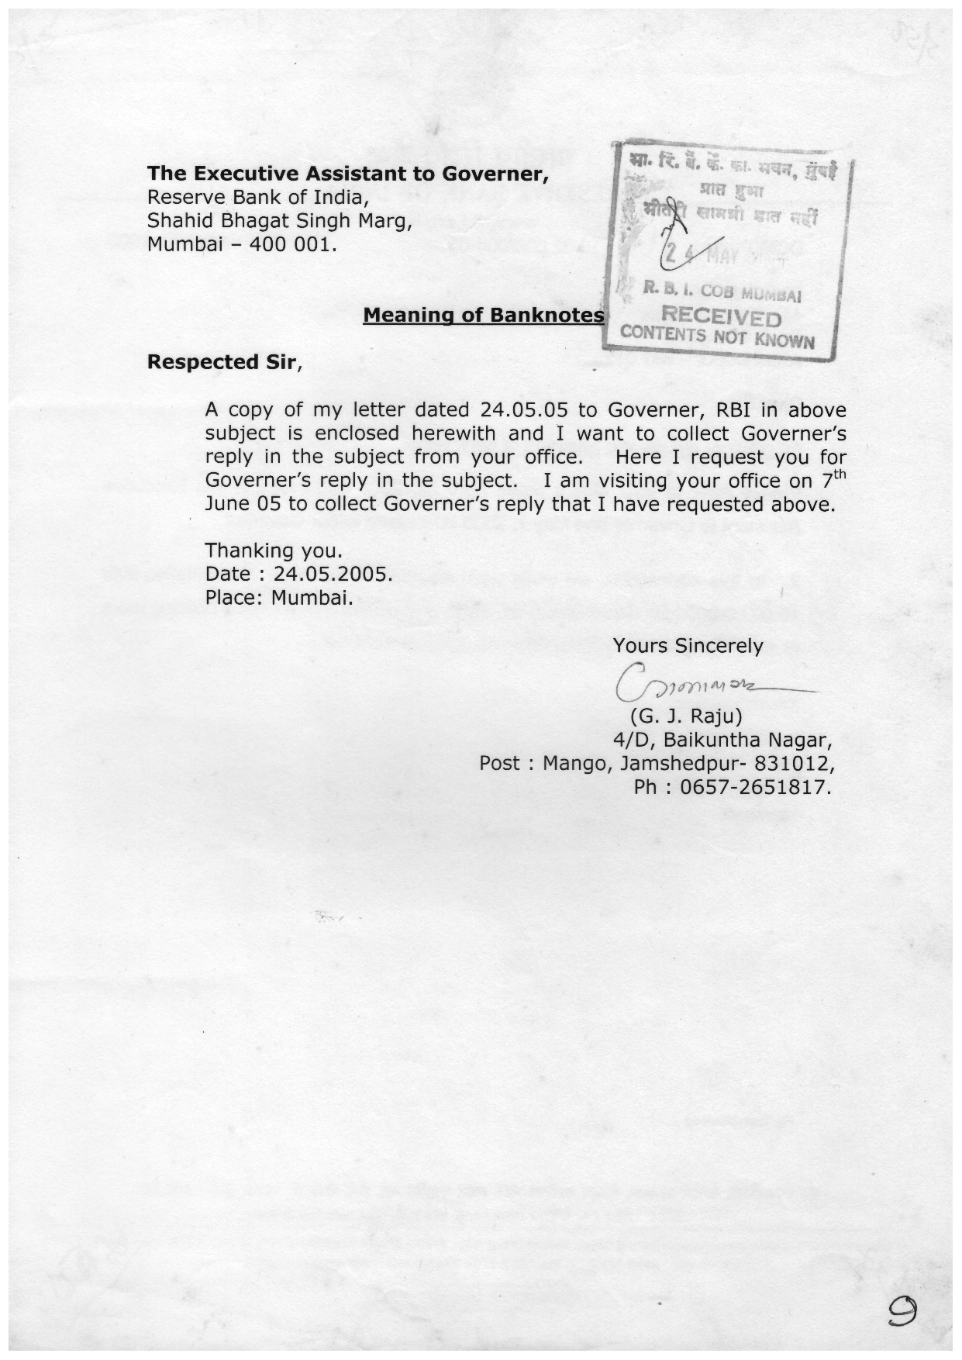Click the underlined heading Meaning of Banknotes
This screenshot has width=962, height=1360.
click(484, 316)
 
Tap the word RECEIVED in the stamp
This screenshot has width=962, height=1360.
click(720, 317)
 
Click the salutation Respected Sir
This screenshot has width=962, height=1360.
click(222, 362)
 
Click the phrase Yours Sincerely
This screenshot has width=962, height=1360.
click(688, 645)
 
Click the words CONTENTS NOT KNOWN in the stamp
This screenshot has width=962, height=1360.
click(717, 337)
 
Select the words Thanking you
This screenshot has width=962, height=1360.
click(273, 551)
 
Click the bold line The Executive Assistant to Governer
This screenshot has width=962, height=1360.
click(348, 174)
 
